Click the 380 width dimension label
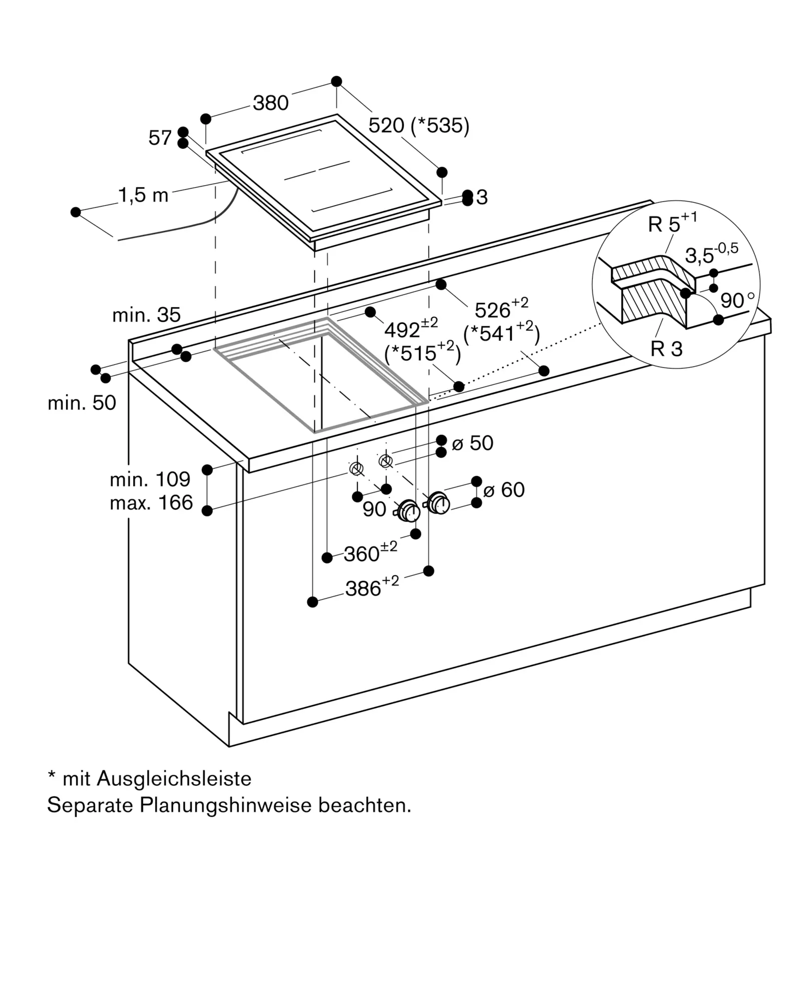270,103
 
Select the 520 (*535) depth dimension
419,126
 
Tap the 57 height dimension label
160,138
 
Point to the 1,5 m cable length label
143,195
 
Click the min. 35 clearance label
146,315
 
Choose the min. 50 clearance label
82,402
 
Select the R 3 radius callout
666,349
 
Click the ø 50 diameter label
473,443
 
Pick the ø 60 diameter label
504,489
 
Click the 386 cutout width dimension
372,587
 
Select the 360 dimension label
370,552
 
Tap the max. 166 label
151,503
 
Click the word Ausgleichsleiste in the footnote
174,779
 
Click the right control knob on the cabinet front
439,503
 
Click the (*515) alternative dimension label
422,352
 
